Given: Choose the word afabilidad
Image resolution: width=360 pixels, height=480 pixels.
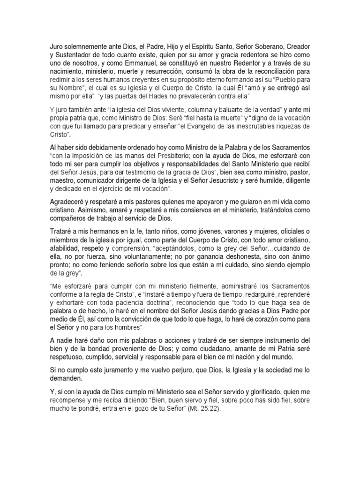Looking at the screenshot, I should [x=66, y=247].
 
